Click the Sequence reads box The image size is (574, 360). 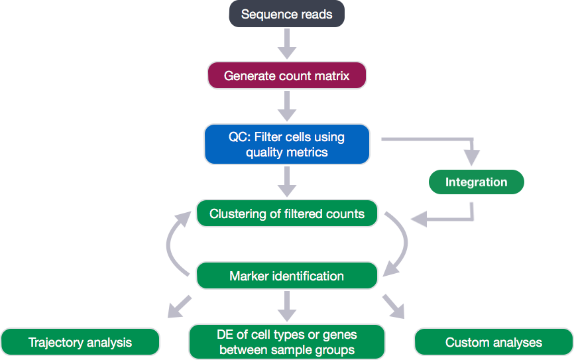tap(286, 15)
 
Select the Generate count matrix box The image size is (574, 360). tap(286, 76)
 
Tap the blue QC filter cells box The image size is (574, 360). tap(286, 145)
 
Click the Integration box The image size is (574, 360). tap(476, 182)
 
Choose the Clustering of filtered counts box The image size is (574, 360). tap(286, 214)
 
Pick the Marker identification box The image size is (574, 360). tap(286, 276)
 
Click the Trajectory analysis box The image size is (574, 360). tap(80, 342)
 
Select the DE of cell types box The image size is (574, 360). tap(286, 342)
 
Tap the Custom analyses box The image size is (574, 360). tap(493, 342)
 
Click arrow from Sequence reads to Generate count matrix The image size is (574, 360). tap(286, 44)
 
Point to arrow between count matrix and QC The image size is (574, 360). tap(286, 105)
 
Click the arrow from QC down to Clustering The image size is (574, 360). tap(286, 180)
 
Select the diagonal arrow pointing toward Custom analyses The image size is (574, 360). tap(394, 306)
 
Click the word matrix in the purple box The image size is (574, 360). tap(331, 76)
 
